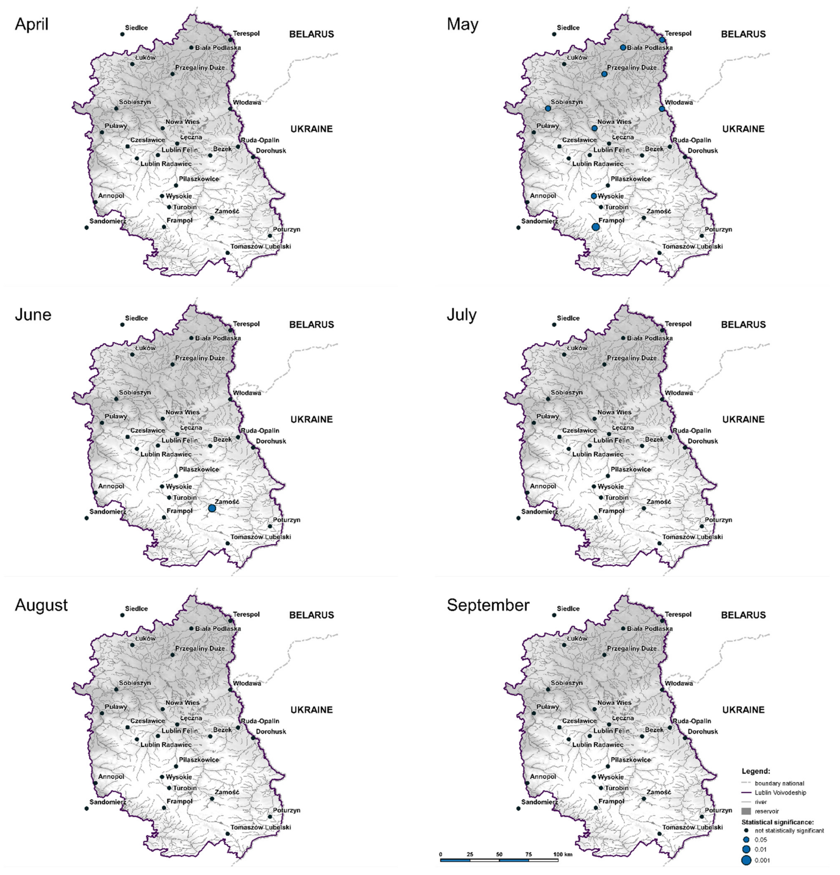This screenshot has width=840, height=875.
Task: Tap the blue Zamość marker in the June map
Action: click(212, 508)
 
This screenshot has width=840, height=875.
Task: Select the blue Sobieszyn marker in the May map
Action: click(548, 109)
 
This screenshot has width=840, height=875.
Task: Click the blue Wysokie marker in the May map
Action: click(594, 196)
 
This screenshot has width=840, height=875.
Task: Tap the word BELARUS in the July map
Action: click(743, 325)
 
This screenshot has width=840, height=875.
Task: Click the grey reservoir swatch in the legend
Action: click(746, 811)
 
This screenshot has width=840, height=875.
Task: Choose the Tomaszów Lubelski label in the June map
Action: click(260, 537)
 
